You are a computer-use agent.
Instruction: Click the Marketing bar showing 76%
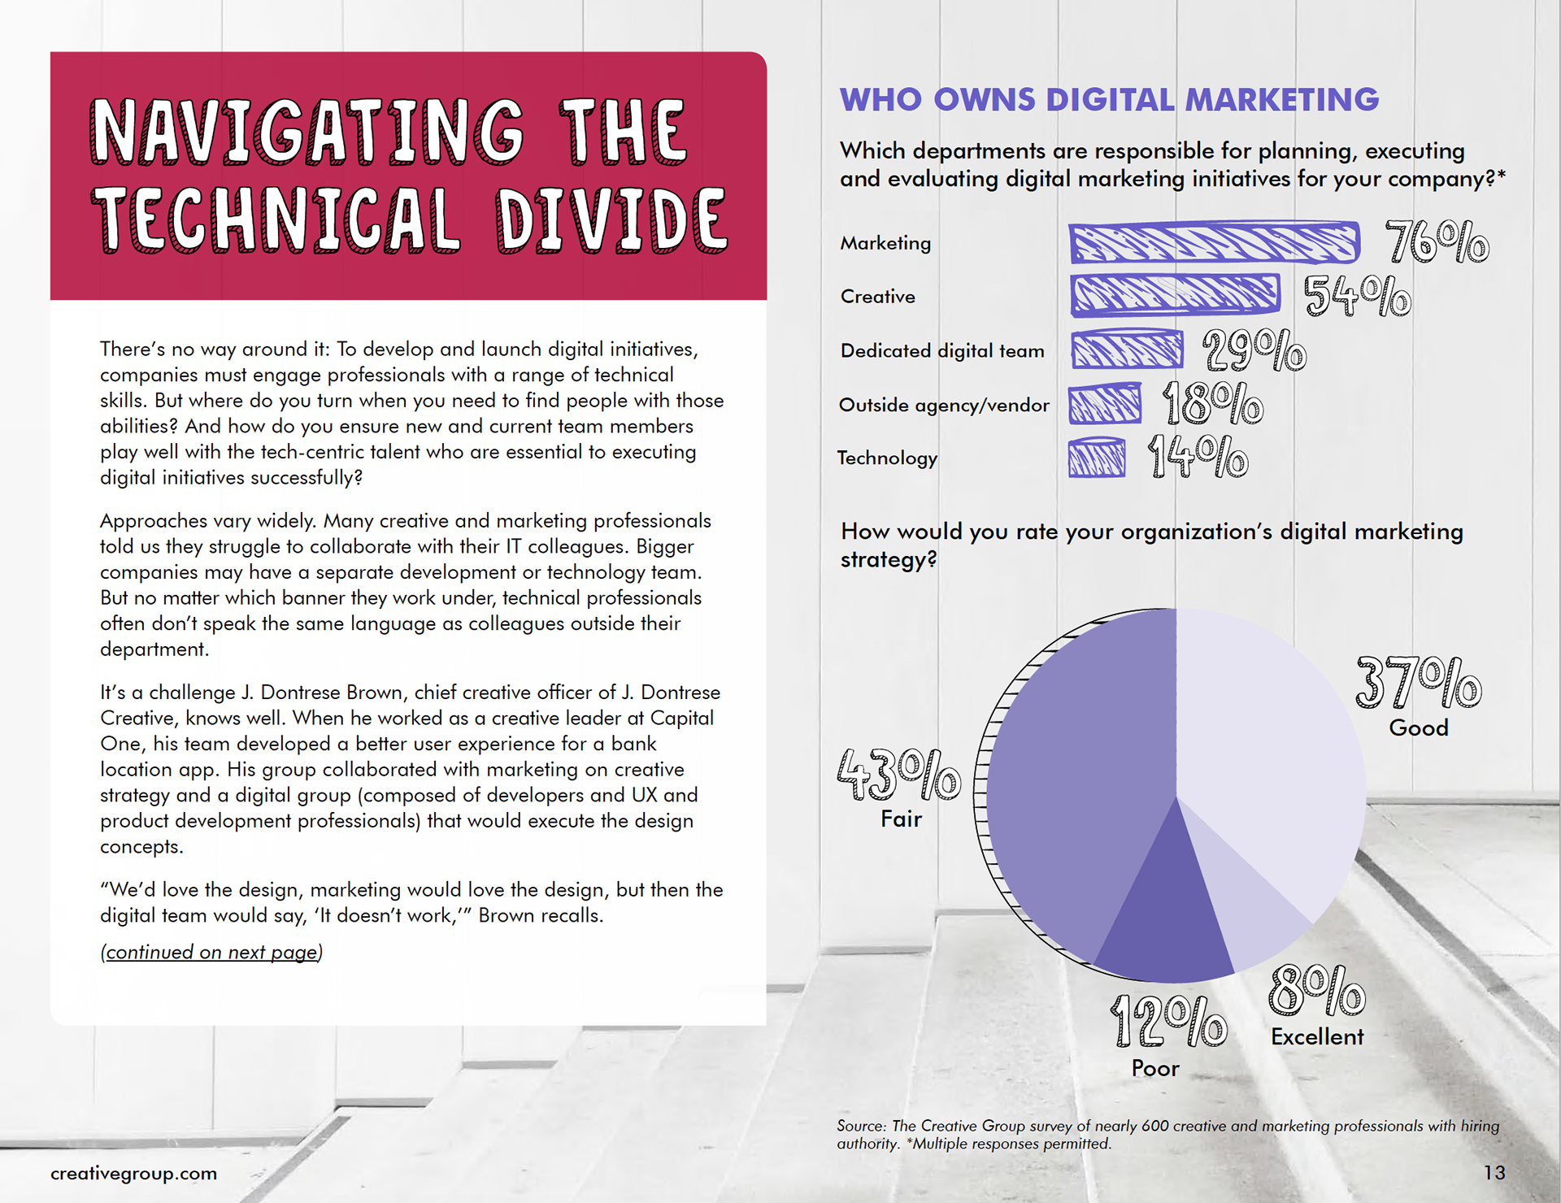[1213, 242]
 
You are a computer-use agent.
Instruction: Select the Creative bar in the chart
[1174, 294]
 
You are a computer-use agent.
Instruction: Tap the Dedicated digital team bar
[1126, 350]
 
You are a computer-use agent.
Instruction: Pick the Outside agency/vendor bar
[1104, 404]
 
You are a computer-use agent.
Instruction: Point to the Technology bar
[1097, 458]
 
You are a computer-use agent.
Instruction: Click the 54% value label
[1357, 296]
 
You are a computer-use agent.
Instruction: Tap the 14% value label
[1198, 457]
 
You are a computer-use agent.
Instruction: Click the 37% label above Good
[1418, 683]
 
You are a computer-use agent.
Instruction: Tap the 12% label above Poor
[1168, 1022]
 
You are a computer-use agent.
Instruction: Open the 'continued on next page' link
[211, 952]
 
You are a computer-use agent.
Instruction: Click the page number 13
[1494, 1172]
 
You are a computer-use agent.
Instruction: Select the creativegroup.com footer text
[133, 1173]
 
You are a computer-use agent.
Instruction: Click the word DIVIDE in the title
[611, 219]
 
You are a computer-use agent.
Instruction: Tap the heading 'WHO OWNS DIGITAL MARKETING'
[1109, 100]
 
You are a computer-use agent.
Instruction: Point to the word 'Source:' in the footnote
[861, 1126]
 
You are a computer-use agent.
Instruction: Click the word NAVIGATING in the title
[307, 132]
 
